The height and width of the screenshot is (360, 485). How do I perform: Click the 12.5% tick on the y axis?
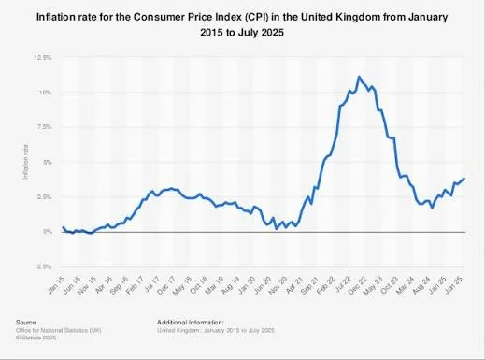coord(43,57)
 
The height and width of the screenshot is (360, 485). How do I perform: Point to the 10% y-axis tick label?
coord(44,92)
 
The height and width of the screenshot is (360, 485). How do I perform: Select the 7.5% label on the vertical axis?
coord(43,126)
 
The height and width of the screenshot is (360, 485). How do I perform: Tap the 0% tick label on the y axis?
coord(46,231)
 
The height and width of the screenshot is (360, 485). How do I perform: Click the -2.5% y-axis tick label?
coord(42,266)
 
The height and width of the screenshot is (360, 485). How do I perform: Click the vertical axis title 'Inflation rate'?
coord(26,161)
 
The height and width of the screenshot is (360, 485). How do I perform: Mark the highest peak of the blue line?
coord(359,77)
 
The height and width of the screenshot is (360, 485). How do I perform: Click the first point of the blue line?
coord(63,227)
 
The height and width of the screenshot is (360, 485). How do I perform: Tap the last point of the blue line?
coord(464,179)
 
